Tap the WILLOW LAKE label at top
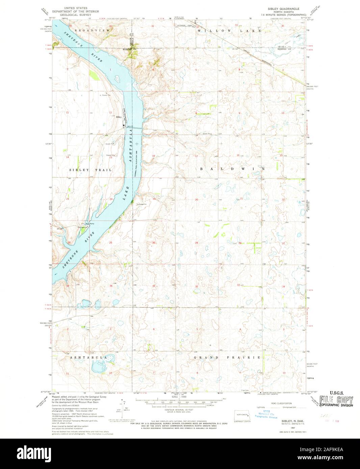coord(229,30)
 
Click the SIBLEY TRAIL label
coord(91,170)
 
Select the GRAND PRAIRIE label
coord(227,357)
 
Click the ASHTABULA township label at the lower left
coord(88,357)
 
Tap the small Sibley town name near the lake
coord(118,117)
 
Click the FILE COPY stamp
coord(336,401)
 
